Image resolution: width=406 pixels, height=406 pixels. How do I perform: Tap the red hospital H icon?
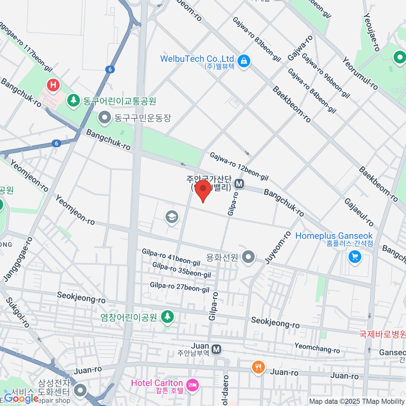(x=53, y=85)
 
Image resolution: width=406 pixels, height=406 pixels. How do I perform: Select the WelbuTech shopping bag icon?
(x=244, y=61)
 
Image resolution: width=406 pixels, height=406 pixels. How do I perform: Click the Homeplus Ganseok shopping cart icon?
(x=355, y=257)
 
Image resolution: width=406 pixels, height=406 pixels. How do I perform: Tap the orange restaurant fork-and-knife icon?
(x=258, y=367)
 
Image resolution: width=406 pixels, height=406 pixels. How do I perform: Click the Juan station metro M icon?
(x=216, y=349)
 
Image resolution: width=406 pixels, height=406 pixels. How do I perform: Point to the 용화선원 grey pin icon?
(x=249, y=257)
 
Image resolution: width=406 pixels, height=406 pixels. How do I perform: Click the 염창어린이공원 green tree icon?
(x=167, y=317)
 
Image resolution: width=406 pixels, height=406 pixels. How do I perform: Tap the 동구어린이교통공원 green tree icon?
(x=73, y=100)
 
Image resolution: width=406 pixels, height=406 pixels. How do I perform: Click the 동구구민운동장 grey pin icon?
(x=105, y=118)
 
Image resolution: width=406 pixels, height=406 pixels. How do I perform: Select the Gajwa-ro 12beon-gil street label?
(x=239, y=166)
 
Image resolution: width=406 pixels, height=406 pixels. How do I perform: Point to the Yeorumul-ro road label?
(x=360, y=73)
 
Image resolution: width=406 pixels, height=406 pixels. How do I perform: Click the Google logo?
(x=21, y=399)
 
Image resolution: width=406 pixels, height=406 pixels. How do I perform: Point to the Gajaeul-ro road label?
(x=359, y=212)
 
